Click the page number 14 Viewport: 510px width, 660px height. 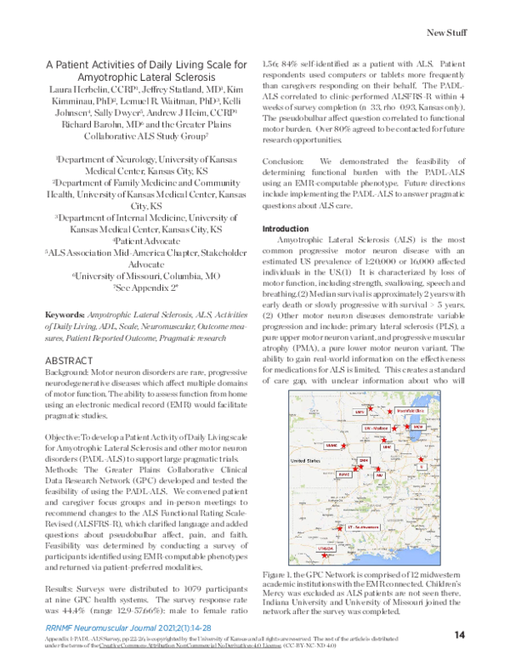(x=460, y=634)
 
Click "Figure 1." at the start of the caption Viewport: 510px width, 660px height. (x=281, y=577)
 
